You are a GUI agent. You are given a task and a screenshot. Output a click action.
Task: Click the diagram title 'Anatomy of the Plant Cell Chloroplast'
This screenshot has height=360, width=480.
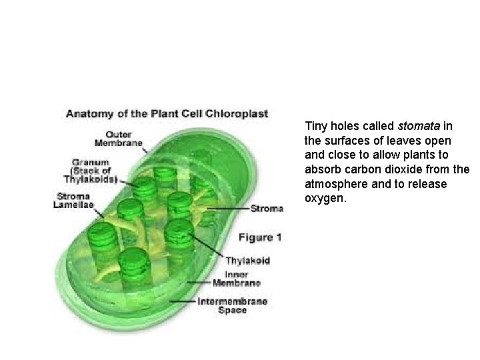pyautogui.click(x=167, y=114)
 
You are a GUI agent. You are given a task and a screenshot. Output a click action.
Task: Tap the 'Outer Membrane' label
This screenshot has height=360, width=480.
pyautogui.click(x=118, y=139)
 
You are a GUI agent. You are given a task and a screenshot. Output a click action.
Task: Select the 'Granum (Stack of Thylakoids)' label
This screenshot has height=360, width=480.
pyautogui.click(x=91, y=169)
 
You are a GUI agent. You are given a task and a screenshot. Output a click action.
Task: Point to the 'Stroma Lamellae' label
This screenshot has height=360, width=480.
pyautogui.click(x=75, y=200)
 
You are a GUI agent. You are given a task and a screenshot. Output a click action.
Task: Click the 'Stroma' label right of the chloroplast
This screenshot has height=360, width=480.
pyautogui.click(x=267, y=209)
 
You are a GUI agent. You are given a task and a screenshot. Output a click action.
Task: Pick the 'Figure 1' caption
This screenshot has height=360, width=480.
pyautogui.click(x=260, y=237)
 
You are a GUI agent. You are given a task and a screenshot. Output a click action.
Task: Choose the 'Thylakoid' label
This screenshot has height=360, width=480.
pyautogui.click(x=247, y=261)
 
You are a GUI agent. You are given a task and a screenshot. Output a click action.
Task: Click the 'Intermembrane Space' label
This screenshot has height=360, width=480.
pyautogui.click(x=233, y=306)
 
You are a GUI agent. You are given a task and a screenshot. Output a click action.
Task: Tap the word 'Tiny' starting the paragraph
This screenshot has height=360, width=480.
pyautogui.click(x=315, y=125)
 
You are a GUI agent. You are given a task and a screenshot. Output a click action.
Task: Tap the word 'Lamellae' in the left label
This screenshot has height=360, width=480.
pyautogui.click(x=75, y=205)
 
